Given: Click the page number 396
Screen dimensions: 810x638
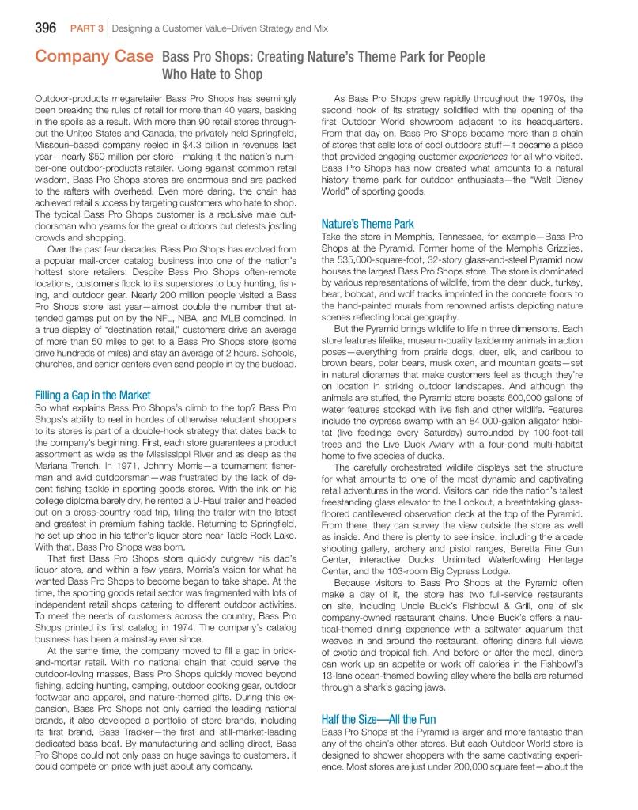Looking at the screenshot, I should (44, 29).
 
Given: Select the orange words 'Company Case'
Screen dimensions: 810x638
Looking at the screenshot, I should (93, 58).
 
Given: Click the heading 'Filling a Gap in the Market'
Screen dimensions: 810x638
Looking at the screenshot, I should (93, 395).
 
